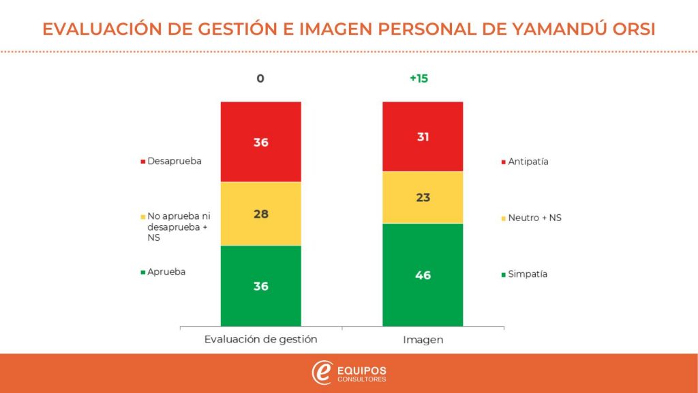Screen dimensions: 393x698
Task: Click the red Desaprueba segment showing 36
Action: click(260, 142)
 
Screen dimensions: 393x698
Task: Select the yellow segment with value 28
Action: click(260, 214)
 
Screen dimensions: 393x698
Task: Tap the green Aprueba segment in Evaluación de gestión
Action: click(260, 286)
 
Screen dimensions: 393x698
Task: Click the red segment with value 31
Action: click(423, 136)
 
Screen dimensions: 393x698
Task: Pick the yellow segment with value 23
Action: click(423, 197)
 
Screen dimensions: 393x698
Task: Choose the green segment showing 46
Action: click(423, 275)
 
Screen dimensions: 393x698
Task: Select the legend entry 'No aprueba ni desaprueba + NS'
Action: click(176, 227)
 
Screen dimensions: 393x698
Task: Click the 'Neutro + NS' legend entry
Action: click(534, 218)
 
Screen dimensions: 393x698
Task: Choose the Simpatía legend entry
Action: click(527, 274)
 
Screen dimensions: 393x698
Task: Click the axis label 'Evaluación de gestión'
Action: click(261, 338)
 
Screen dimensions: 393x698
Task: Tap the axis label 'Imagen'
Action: click(423, 338)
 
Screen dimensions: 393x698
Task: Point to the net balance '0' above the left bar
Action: click(260, 78)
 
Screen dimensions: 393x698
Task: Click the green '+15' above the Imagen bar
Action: click(419, 78)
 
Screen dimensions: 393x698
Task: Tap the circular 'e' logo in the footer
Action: click(322, 373)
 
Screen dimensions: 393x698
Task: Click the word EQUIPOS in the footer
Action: click(362, 369)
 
